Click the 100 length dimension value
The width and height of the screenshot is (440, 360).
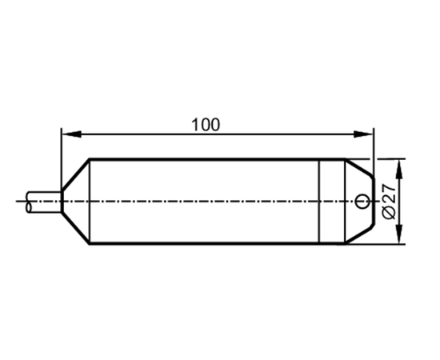[206, 125]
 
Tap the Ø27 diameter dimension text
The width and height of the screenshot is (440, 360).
[389, 201]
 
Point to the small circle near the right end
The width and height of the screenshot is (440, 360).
[362, 201]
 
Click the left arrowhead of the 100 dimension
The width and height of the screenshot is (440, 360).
[71, 134]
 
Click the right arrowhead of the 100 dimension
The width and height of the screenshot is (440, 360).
[363, 134]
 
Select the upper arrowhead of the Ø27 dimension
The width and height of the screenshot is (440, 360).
[400, 169]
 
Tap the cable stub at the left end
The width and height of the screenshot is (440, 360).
[44, 202]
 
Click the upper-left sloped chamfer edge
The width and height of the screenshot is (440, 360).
[75, 175]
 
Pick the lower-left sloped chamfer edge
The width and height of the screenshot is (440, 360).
[75, 228]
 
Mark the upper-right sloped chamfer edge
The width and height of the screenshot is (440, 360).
[360, 168]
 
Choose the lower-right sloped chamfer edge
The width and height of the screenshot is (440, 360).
[360, 234]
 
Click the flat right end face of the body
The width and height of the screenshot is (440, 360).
[374, 201]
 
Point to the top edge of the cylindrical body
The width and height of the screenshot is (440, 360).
[217, 159]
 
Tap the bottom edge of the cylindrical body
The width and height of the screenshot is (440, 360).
[217, 243]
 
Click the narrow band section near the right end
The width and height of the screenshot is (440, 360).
[332, 201]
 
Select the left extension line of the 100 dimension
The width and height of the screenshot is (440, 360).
[62, 159]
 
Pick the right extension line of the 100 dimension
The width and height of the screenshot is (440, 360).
[374, 152]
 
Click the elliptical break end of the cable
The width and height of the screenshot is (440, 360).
[29, 202]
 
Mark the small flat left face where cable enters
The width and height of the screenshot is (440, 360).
[62, 202]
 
